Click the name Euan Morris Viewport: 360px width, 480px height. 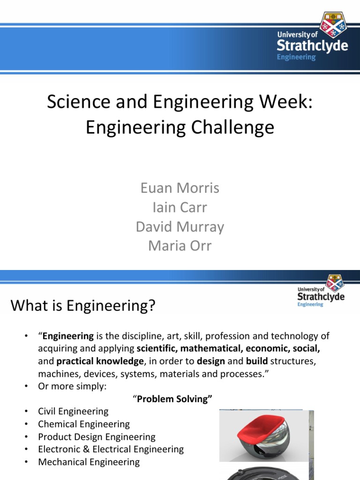coord(180,188)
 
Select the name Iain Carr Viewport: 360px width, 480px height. coord(180,207)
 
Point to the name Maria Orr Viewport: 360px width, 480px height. coord(180,246)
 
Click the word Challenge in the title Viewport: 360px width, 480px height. coord(232,127)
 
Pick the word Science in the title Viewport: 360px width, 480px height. coord(78,102)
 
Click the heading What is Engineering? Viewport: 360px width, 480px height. coord(83,306)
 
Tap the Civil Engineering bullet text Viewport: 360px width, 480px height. coord(73,412)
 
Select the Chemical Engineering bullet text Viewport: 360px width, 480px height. coord(84,424)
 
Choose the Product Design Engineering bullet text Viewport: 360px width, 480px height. coord(97,437)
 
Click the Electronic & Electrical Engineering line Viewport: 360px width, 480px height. coord(111,450)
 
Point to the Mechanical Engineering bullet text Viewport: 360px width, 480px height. coord(89,462)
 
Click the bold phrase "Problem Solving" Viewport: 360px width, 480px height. coord(172,399)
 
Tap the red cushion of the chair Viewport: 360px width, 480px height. coord(261,426)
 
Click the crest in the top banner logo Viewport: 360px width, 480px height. coord(333,24)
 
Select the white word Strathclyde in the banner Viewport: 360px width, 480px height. coord(312,45)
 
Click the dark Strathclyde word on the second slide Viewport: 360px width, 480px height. coord(321,297)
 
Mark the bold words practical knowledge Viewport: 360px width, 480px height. coord(100,361)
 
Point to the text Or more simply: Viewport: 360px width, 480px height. coord(72,386)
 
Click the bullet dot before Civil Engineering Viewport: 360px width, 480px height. coord(26,412)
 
